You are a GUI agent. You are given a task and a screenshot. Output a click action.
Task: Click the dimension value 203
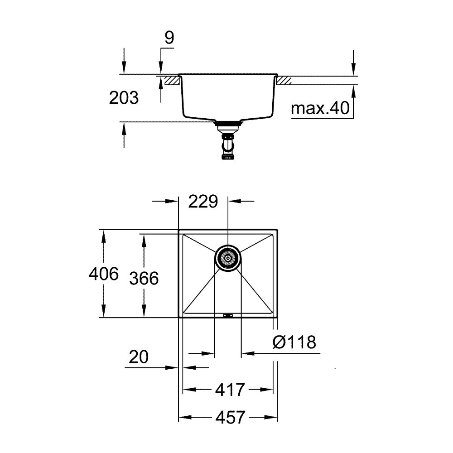pyautogui.click(x=124, y=98)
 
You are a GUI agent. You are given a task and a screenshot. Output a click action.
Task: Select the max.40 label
pyautogui.click(x=319, y=109)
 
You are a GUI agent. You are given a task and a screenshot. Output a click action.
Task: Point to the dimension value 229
pyautogui.click(x=203, y=202)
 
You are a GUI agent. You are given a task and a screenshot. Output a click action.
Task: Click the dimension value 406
pyautogui.click(x=104, y=274)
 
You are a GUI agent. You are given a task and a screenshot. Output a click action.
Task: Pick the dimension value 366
pyautogui.click(x=144, y=278)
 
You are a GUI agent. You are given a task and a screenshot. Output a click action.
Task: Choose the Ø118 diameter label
pyautogui.click(x=294, y=342)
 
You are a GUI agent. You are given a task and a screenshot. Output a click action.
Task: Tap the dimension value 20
pyautogui.click(x=139, y=358)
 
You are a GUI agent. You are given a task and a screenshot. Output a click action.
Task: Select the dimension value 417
pyautogui.click(x=230, y=389)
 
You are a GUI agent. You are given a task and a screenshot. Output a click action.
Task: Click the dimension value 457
pyautogui.click(x=230, y=417)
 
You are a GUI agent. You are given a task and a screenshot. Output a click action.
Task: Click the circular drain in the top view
pyautogui.click(x=228, y=259)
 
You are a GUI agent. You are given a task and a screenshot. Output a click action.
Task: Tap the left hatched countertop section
pyautogui.click(x=171, y=81)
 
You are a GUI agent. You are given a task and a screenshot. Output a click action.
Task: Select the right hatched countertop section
pyautogui.click(x=284, y=81)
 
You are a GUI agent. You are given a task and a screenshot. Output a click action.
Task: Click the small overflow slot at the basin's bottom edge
pyautogui.click(x=228, y=315)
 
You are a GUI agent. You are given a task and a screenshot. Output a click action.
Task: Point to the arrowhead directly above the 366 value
pyautogui.click(x=144, y=240)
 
